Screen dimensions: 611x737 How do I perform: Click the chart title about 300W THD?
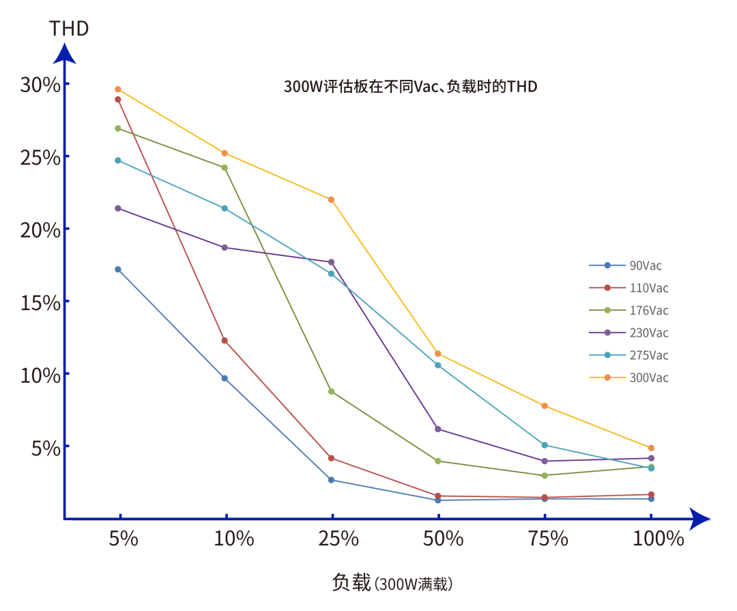coord(410,87)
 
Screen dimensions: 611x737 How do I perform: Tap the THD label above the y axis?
coord(69,29)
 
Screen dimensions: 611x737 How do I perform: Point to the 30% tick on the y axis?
coord(40,85)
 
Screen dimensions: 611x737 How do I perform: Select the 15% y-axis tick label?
coord(40,302)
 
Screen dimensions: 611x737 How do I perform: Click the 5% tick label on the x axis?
coord(124,538)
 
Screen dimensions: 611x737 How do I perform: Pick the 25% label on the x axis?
coord(338,538)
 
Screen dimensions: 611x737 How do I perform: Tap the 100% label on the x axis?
coord(658,538)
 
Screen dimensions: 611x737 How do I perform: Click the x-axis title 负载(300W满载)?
coord(392,583)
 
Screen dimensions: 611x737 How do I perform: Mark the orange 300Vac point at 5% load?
coord(118,89)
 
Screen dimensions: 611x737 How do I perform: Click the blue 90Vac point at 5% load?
coord(118,270)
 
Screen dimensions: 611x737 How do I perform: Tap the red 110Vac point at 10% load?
coord(225,341)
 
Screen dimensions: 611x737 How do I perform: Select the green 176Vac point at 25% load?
coord(332,391)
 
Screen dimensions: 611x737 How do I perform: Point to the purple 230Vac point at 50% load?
coord(438,429)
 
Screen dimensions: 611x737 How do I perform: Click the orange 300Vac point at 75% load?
coord(545,406)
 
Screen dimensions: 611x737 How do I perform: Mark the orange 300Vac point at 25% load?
coord(332,199)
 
